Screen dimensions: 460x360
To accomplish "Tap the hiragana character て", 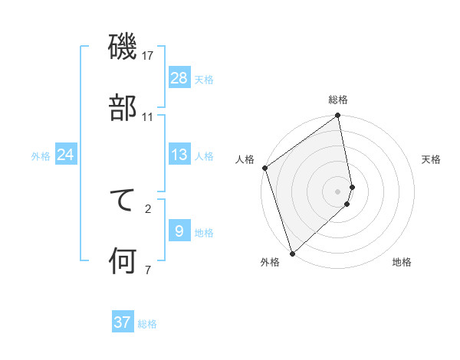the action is click(x=123, y=201).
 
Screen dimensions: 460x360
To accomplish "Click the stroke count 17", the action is click(x=148, y=56).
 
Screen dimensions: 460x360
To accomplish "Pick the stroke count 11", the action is click(x=148, y=117).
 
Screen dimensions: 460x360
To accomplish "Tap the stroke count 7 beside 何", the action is click(x=148, y=270).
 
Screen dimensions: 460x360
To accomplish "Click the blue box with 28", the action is click(x=179, y=77).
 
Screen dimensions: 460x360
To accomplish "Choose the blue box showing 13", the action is click(x=179, y=155).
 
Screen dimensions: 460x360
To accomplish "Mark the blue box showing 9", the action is click(x=179, y=231).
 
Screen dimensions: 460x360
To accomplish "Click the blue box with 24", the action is click(x=66, y=155).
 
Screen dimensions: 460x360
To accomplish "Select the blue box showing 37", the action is click(x=123, y=322).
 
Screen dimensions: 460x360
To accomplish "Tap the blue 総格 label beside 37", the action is click(x=147, y=324).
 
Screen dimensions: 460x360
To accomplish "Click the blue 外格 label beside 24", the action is click(x=41, y=156).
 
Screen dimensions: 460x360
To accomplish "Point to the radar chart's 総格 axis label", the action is click(x=338, y=100).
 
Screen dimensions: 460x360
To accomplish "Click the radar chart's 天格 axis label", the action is click(x=431, y=159).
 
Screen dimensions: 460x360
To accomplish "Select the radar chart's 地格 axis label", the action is click(x=402, y=262).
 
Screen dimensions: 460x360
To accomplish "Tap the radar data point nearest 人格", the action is click(x=264, y=169).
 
